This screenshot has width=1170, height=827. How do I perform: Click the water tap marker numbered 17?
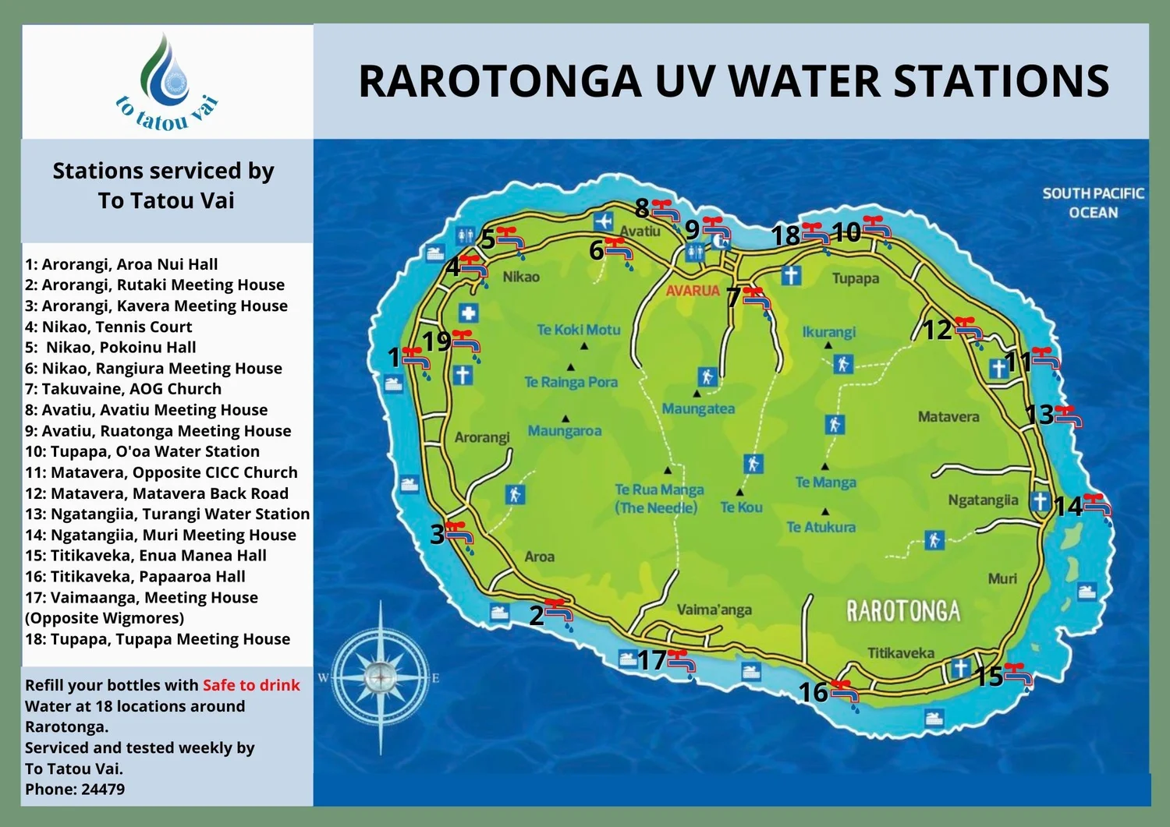(681, 663)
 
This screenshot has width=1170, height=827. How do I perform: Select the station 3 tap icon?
(459, 535)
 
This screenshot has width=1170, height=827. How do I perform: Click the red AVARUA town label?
(693, 291)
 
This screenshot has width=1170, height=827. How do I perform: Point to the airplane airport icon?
(603, 221)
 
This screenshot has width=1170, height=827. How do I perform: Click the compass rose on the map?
(381, 677)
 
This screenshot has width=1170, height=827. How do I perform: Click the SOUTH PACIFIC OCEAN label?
(1093, 203)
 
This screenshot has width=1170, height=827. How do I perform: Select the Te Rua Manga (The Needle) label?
(659, 499)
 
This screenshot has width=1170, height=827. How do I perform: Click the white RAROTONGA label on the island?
(903, 611)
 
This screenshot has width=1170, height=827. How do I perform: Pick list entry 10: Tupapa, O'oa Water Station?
(142, 451)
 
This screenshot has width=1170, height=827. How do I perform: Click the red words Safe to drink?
(251, 685)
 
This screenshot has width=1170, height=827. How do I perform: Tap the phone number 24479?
(103, 789)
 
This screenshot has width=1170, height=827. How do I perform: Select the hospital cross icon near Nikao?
(468, 313)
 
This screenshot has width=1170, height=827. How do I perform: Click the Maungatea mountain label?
(698, 408)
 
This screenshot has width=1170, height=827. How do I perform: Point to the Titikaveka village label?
(900, 653)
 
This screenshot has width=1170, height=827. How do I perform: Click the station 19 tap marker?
(466, 344)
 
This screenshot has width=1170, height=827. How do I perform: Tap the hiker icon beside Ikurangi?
(842, 364)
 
